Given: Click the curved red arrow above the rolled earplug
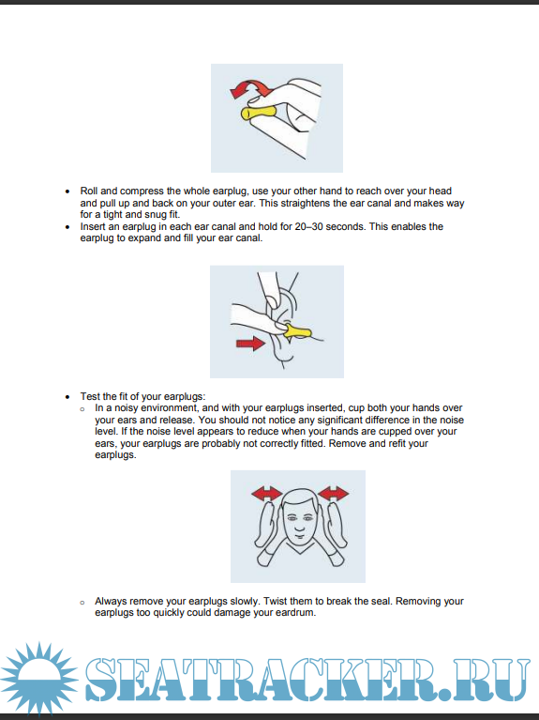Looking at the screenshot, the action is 250,87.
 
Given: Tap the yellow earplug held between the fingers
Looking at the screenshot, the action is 259,113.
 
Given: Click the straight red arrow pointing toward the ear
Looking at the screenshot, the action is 250,344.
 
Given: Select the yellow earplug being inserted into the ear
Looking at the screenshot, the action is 297,331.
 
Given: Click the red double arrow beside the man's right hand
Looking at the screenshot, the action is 266,494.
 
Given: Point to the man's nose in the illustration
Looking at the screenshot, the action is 300,524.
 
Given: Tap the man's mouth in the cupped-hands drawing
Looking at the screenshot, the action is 299,535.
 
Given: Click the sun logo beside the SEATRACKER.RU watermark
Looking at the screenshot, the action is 39,678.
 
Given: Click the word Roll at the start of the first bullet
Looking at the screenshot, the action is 89,191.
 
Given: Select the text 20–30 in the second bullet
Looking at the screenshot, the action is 308,226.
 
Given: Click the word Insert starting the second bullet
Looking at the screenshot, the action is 93,226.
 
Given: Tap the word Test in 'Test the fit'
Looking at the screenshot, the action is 89,396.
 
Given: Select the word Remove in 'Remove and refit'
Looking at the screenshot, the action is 347,444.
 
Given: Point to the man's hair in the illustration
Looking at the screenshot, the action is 301,496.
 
